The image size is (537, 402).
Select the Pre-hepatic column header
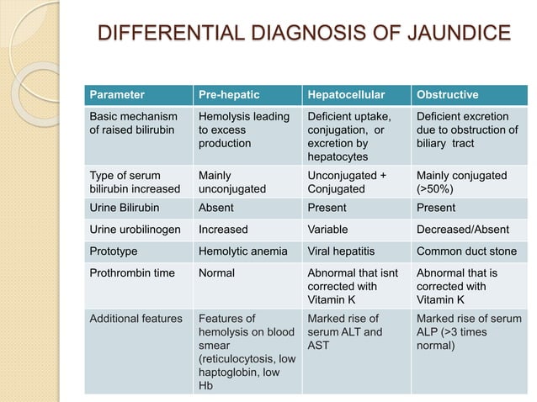click(223, 95)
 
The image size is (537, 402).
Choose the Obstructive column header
click(447, 95)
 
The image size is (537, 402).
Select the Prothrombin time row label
click(127, 272)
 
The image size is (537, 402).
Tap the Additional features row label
click(136, 319)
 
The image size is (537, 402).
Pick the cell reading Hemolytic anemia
click(242, 251)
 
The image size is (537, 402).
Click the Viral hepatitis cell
click(339, 251)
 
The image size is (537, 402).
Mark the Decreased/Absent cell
click(460, 229)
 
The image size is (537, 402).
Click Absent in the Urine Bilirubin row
click(215, 208)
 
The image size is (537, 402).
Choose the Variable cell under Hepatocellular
click(329, 229)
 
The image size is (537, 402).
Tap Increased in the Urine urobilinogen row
click(222, 229)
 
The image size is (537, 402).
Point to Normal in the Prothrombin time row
click(216, 272)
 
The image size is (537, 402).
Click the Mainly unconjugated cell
click(231, 182)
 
